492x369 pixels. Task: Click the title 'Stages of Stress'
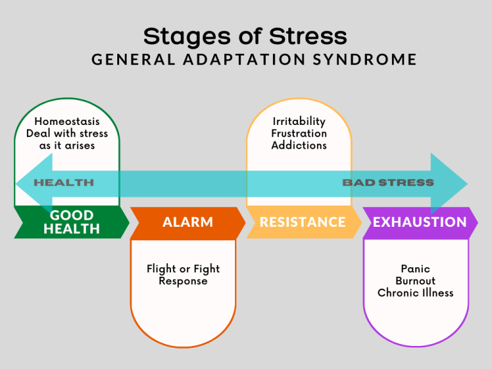(x=245, y=36)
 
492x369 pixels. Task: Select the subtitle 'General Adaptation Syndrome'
(x=254, y=60)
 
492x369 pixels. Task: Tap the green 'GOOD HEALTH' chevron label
(x=72, y=222)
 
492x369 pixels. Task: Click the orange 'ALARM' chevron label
(x=188, y=222)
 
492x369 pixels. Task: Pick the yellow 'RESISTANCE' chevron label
(x=302, y=222)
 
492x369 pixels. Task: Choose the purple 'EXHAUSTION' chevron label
(x=420, y=222)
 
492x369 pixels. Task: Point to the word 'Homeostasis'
(x=67, y=121)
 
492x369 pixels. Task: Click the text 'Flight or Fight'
(x=183, y=269)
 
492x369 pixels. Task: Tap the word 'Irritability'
(x=299, y=121)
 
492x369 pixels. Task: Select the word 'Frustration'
(x=299, y=133)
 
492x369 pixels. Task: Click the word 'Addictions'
(x=299, y=145)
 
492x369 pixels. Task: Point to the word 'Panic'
(x=415, y=269)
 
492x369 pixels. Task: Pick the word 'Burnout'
(x=415, y=281)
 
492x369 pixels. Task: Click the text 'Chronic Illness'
(x=415, y=293)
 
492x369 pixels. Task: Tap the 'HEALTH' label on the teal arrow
(x=63, y=183)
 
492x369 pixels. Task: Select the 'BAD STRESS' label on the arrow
(x=388, y=183)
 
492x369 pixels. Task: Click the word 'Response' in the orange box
(x=183, y=281)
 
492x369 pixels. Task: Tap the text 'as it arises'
(x=67, y=145)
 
